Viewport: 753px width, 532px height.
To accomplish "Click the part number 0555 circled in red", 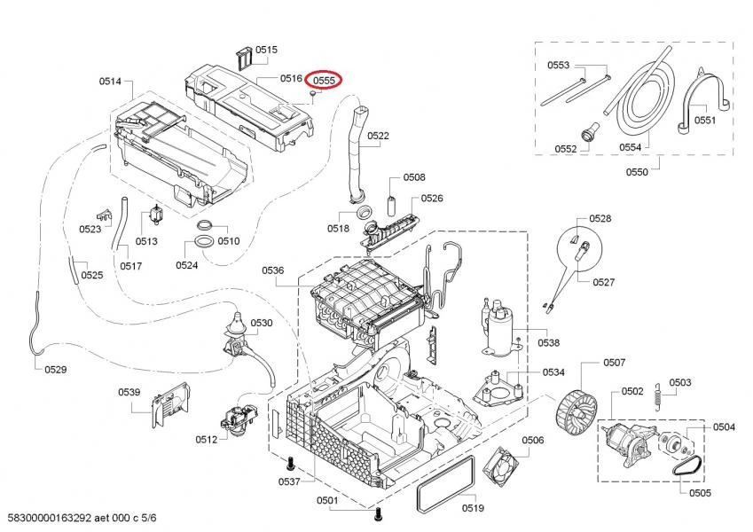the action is point(324,80).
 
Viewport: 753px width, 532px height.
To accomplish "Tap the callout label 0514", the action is point(110,82).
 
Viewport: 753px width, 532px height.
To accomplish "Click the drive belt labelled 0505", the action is point(687,465).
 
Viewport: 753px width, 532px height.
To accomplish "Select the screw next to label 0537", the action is point(289,464).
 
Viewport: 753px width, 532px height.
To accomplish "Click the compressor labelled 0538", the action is point(501,328).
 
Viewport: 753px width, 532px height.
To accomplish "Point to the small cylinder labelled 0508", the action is point(390,206).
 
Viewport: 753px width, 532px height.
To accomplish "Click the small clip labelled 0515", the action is point(245,58).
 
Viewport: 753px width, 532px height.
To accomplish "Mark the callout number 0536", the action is point(273,270).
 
